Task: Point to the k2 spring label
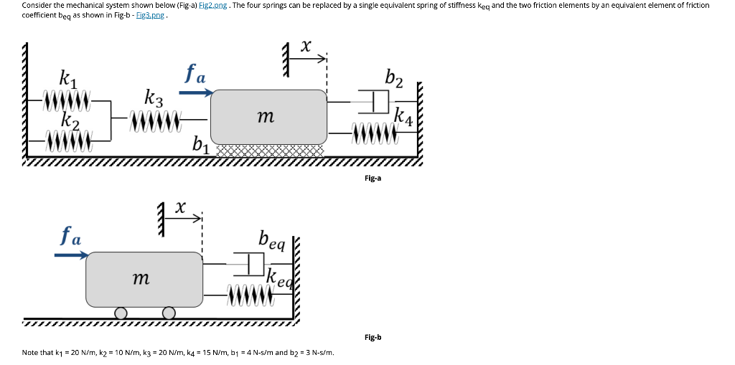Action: (x=69, y=120)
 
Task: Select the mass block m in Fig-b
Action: (x=144, y=278)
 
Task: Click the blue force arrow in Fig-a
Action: (x=196, y=92)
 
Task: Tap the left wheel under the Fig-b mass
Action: (x=121, y=313)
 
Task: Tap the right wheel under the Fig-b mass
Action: (x=169, y=313)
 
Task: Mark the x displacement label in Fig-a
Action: (x=305, y=47)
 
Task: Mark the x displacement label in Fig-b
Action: (x=181, y=208)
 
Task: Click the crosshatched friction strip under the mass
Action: (x=268, y=151)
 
